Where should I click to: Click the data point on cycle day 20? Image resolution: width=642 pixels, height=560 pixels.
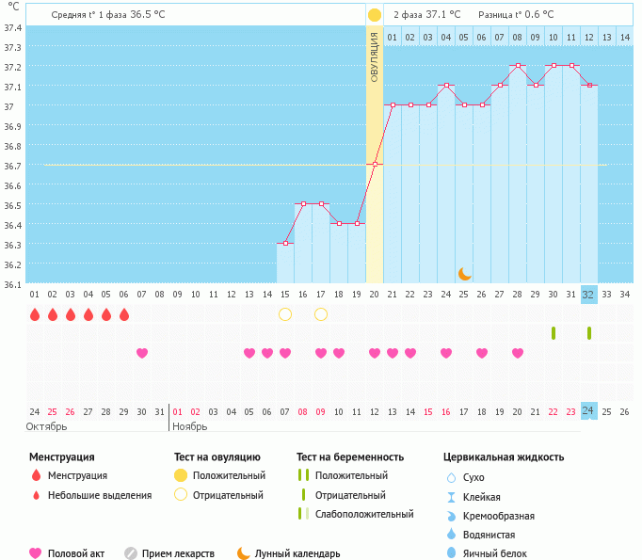coord(375,164)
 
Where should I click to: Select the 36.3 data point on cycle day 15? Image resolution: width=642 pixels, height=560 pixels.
coord(285,243)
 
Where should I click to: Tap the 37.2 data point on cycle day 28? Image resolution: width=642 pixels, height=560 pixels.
coord(518,66)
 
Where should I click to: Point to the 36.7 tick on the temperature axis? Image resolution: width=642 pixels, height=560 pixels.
coord(12,166)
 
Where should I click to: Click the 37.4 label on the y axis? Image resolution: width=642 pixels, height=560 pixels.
coord(12,27)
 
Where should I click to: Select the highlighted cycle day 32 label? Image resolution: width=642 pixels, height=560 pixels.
coord(588,295)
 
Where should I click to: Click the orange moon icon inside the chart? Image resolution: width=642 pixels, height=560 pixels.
coord(464,274)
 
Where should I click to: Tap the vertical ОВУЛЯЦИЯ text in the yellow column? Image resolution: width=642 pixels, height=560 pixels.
coord(375,56)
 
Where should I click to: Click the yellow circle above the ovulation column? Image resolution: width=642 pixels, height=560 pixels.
coord(375,15)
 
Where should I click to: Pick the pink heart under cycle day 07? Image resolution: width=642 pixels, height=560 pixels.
coord(142,353)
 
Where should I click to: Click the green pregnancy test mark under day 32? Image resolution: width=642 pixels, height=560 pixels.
coord(588,333)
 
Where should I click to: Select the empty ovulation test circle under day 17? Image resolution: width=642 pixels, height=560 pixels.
coord(321,313)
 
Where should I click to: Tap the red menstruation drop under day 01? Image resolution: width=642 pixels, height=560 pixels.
coord(35,314)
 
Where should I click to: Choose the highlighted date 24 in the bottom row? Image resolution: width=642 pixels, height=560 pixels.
coord(588,411)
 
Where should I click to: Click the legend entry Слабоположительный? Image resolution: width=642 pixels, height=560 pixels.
coord(363,514)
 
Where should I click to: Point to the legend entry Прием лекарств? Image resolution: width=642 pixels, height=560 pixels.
coord(178,553)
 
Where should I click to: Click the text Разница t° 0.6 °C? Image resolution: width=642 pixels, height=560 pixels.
coord(516,15)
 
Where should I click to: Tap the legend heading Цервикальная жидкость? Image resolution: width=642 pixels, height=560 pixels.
coord(504,456)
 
